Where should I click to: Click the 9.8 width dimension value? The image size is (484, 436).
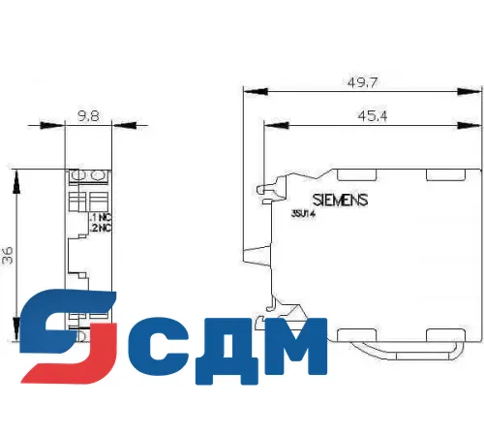click(x=87, y=114)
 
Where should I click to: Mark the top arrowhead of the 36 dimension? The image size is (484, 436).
click(x=16, y=175)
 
